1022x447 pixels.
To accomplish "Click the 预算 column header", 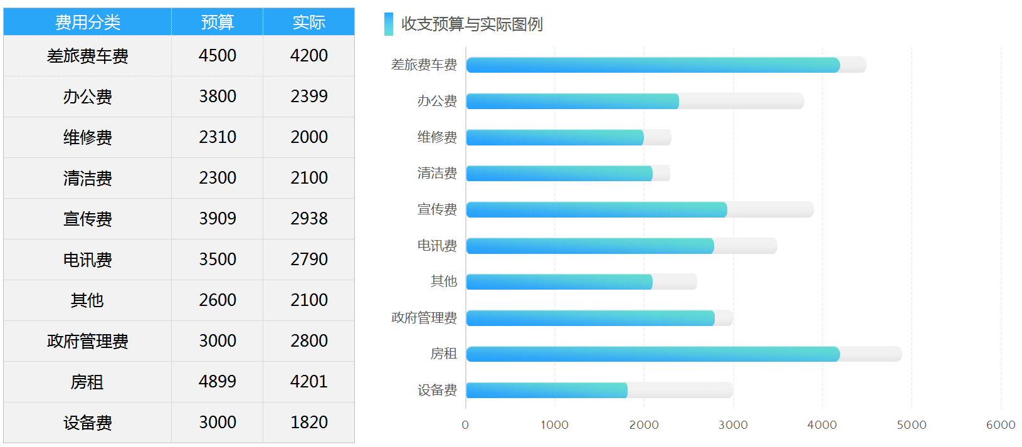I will click(x=217, y=23).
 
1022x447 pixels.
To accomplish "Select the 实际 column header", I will click(x=308, y=23).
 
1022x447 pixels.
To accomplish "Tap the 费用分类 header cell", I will click(x=88, y=23).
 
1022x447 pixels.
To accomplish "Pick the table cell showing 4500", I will click(x=217, y=56).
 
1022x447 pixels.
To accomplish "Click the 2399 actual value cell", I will click(x=308, y=97).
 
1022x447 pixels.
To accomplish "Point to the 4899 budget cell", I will click(x=217, y=382).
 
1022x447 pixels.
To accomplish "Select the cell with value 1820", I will click(x=308, y=423).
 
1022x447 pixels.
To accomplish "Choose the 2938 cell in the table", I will click(x=308, y=219).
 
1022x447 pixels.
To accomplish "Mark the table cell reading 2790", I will click(x=308, y=260).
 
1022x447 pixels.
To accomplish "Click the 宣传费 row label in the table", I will click(x=88, y=219).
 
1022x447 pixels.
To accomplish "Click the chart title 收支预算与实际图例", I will click(x=471, y=24).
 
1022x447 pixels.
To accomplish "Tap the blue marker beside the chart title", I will click(x=389, y=24).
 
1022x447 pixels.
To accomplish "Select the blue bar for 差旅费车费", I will click(x=652, y=65).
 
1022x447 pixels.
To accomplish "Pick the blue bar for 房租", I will click(x=652, y=354).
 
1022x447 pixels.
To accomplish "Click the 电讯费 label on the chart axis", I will click(x=437, y=246).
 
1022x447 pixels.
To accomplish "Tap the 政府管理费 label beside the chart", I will click(x=424, y=318).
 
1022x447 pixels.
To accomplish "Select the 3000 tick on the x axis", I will click(x=733, y=425).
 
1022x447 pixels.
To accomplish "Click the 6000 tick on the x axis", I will click(x=1001, y=425).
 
